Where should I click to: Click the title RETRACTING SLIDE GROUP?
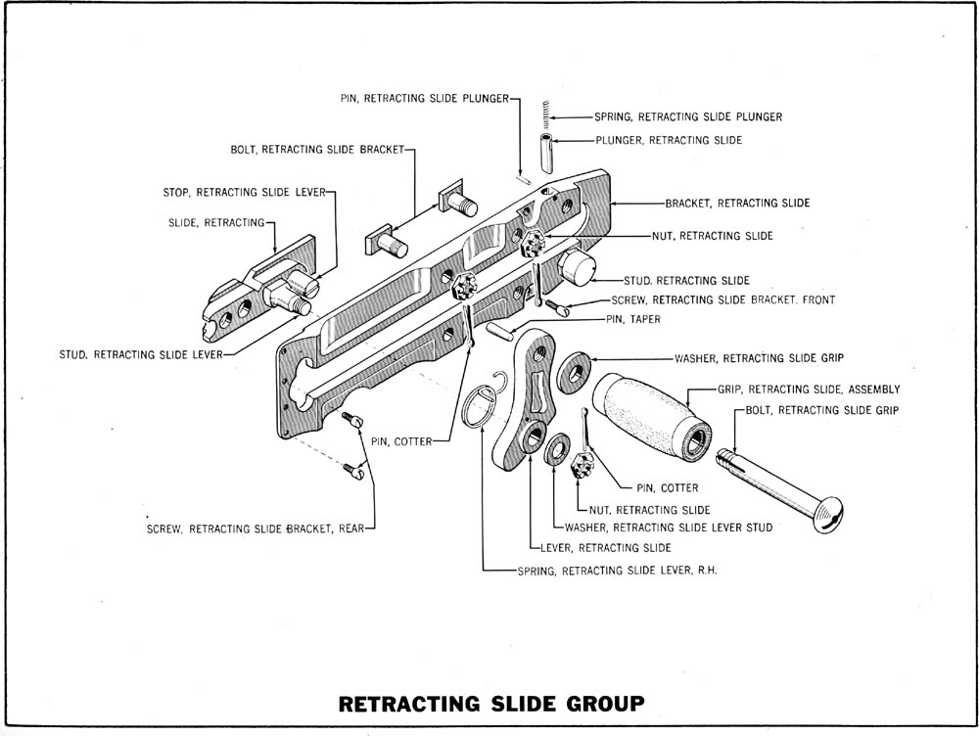(491, 703)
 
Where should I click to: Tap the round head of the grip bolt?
(827, 513)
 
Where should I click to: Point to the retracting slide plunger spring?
(546, 116)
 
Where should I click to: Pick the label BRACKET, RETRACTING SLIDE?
(737, 204)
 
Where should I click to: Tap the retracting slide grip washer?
(576, 370)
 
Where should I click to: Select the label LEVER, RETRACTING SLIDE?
(605, 548)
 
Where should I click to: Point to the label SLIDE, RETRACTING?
(217, 223)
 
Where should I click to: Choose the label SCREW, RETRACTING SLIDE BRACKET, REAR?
(256, 529)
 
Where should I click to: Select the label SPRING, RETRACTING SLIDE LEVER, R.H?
(618, 570)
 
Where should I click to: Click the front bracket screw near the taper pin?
(558, 308)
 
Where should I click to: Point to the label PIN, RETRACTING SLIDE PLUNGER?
(425, 98)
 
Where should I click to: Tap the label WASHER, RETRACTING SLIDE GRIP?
(759, 358)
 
